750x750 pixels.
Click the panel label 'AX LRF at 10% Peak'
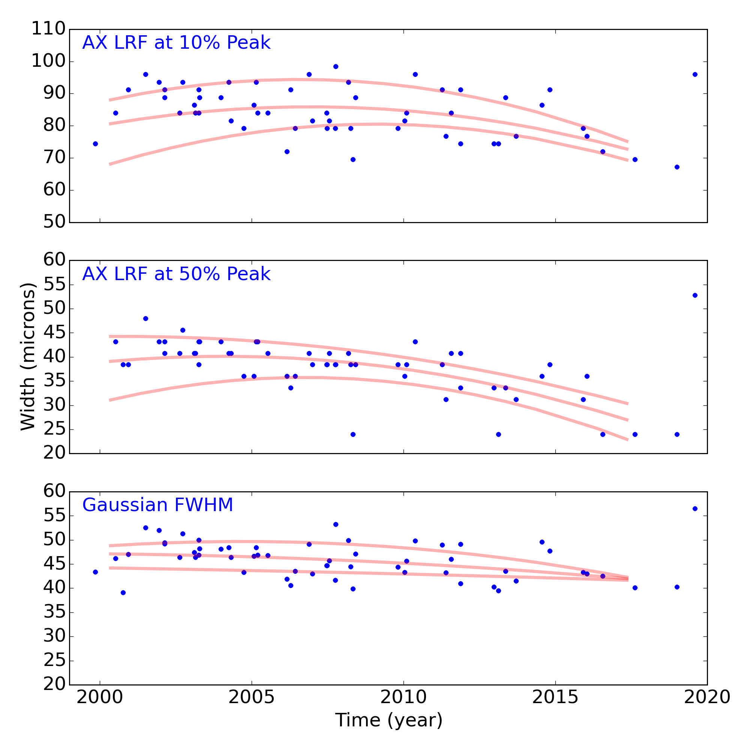click(x=176, y=43)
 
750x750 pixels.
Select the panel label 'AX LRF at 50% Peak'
click(x=176, y=274)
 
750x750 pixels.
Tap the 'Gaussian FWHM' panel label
click(x=157, y=505)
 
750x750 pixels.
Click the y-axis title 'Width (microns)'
click(x=28, y=357)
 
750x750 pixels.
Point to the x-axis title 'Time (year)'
click(x=388, y=720)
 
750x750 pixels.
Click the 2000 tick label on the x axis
click(x=100, y=697)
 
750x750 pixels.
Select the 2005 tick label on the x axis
click(x=252, y=697)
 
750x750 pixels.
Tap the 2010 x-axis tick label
click(x=403, y=697)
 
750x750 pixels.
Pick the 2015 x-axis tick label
click(x=555, y=697)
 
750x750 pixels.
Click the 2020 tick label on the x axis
click(x=707, y=697)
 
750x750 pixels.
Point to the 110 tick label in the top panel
click(x=48, y=29)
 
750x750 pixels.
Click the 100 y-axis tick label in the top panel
click(x=48, y=61)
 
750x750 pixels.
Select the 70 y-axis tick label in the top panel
click(x=54, y=158)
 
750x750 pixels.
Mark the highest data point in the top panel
click(x=336, y=66)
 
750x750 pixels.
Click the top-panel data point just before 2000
click(x=96, y=144)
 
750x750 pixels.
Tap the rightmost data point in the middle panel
click(x=695, y=295)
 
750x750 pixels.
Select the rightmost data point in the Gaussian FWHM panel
click(x=695, y=508)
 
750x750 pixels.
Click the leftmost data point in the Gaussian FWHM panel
click(x=96, y=572)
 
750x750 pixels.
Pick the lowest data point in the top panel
click(x=677, y=167)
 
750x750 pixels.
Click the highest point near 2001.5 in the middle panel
click(x=145, y=319)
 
